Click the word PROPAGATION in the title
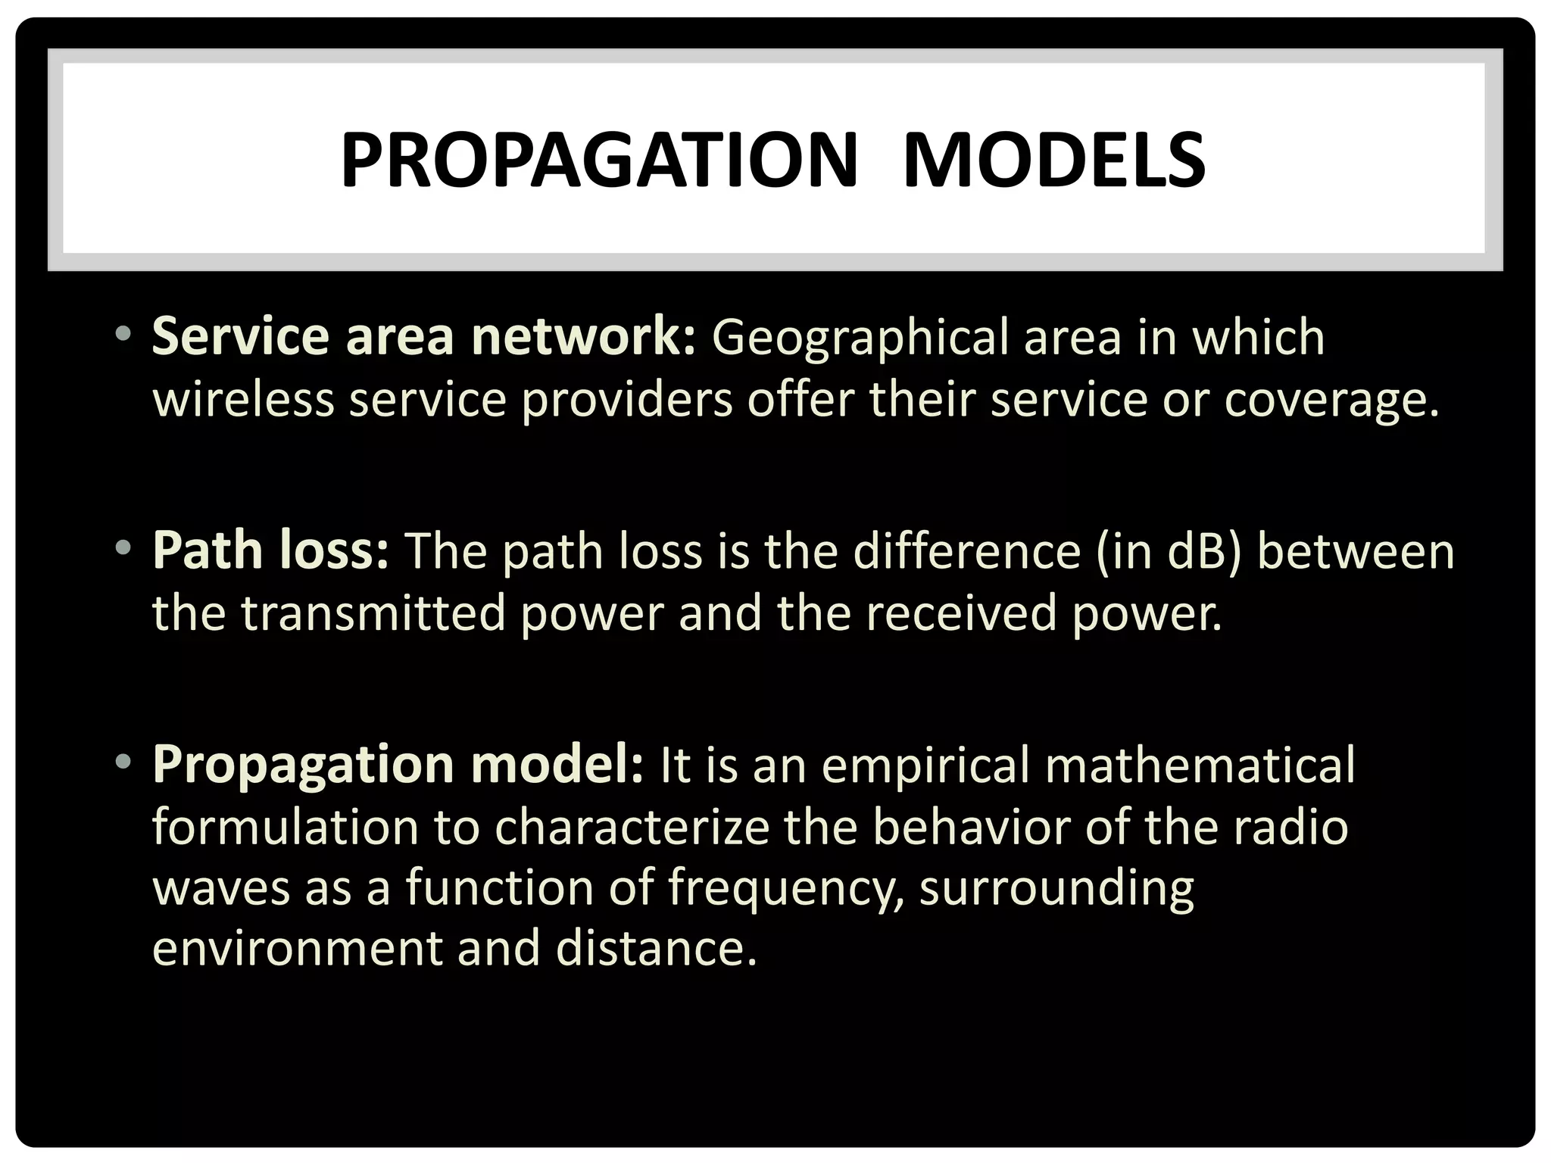coord(599,161)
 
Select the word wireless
coord(243,399)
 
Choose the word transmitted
coord(373,613)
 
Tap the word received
coord(960,613)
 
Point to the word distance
coord(655,949)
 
